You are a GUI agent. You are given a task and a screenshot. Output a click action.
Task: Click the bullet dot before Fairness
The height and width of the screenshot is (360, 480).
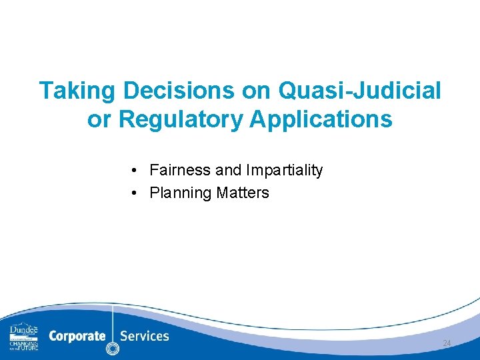(x=135, y=171)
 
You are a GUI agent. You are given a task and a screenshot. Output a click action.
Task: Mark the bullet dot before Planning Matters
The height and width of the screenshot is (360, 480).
(x=135, y=193)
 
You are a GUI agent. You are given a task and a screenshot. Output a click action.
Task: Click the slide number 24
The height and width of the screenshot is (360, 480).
(x=447, y=343)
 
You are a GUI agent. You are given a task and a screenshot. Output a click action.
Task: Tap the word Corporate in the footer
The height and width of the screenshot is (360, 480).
(x=77, y=336)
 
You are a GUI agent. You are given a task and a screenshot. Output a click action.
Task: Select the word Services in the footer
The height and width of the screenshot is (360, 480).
(x=145, y=336)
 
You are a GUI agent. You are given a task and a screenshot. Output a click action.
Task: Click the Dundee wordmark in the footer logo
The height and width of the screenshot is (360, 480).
(x=23, y=331)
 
